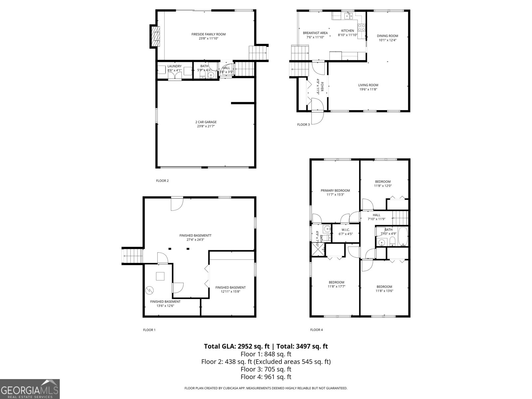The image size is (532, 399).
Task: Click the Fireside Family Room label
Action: click(208, 34)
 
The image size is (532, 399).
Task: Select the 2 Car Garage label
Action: click(206, 122)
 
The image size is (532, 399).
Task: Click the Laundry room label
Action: click(174, 66)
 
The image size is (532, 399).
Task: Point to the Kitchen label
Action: click(347, 31)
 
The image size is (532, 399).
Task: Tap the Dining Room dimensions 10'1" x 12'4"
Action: click(387, 40)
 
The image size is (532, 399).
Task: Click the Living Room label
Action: click(368, 85)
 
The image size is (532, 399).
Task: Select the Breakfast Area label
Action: click(315, 33)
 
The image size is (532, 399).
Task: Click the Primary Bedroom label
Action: click(335, 191)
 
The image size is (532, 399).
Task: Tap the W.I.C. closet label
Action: click(345, 230)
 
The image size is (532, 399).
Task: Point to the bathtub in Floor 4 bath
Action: click(402, 237)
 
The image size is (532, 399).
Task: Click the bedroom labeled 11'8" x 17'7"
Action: click(336, 284)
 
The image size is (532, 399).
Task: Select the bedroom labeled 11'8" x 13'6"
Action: click(384, 289)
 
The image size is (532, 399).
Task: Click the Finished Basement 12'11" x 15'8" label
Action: click(230, 289)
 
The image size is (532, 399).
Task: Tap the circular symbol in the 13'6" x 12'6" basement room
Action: click(150, 290)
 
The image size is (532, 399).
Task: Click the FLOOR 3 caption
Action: click(303, 125)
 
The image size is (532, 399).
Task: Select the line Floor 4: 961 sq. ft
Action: click(266, 377)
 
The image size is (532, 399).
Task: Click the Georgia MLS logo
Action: click(30, 389)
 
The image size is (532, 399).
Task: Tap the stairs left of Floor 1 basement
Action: click(133, 257)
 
